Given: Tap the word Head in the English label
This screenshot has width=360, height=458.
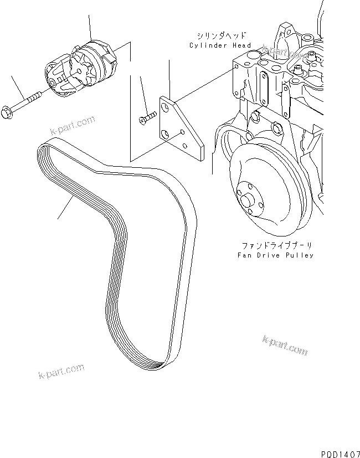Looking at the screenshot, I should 241,45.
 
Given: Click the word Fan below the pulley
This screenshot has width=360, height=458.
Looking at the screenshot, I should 245,255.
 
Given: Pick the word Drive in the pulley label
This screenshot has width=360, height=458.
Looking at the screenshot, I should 271,255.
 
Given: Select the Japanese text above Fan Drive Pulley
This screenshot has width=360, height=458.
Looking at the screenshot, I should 272,244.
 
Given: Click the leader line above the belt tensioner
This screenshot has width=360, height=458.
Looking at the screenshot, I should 90,25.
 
